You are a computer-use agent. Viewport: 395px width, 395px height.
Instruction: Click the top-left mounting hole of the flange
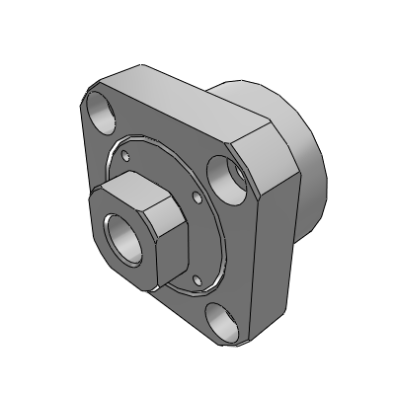click(102, 109)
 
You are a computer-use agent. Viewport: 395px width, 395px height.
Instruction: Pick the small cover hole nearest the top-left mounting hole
click(125, 154)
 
